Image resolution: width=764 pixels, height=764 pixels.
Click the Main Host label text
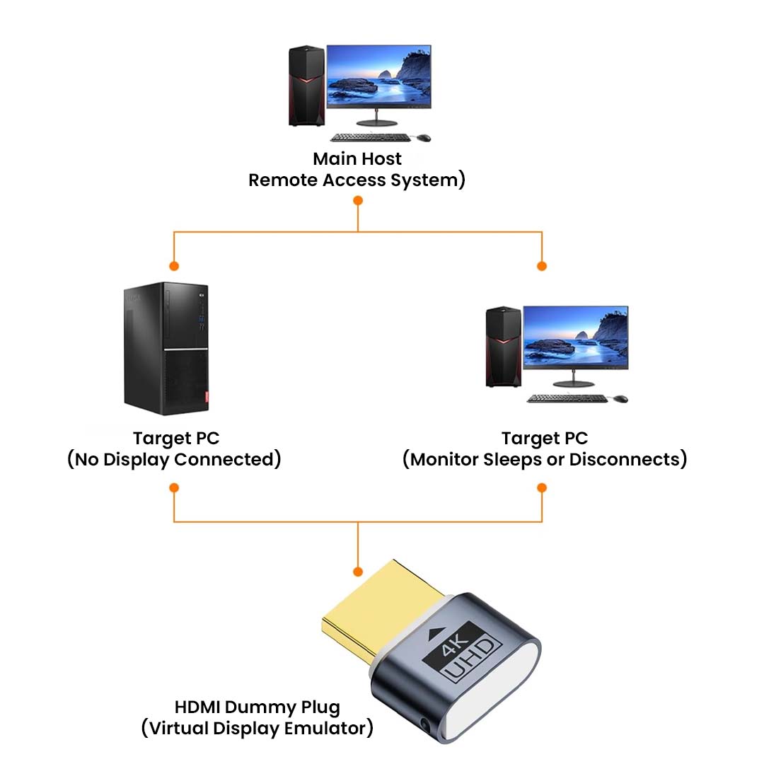pyautogui.click(x=357, y=158)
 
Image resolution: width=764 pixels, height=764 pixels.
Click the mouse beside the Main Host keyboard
pyautogui.click(x=423, y=137)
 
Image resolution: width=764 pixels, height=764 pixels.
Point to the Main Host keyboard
pyautogui.click(x=369, y=137)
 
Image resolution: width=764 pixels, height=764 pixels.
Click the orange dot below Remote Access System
pyautogui.click(x=358, y=201)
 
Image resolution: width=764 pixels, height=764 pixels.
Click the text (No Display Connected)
pyautogui.click(x=174, y=460)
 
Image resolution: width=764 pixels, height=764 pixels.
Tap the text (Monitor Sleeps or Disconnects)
pyautogui.click(x=545, y=460)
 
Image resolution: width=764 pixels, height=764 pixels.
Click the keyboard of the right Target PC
pyautogui.click(x=567, y=398)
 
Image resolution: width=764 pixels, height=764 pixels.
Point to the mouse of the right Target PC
pyautogui.click(x=620, y=398)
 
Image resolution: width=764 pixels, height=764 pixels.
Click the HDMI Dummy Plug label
pyautogui.click(x=257, y=707)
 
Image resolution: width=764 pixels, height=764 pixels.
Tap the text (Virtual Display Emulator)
pyautogui.click(x=257, y=729)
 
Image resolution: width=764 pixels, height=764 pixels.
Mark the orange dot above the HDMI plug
pyautogui.click(x=358, y=571)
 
